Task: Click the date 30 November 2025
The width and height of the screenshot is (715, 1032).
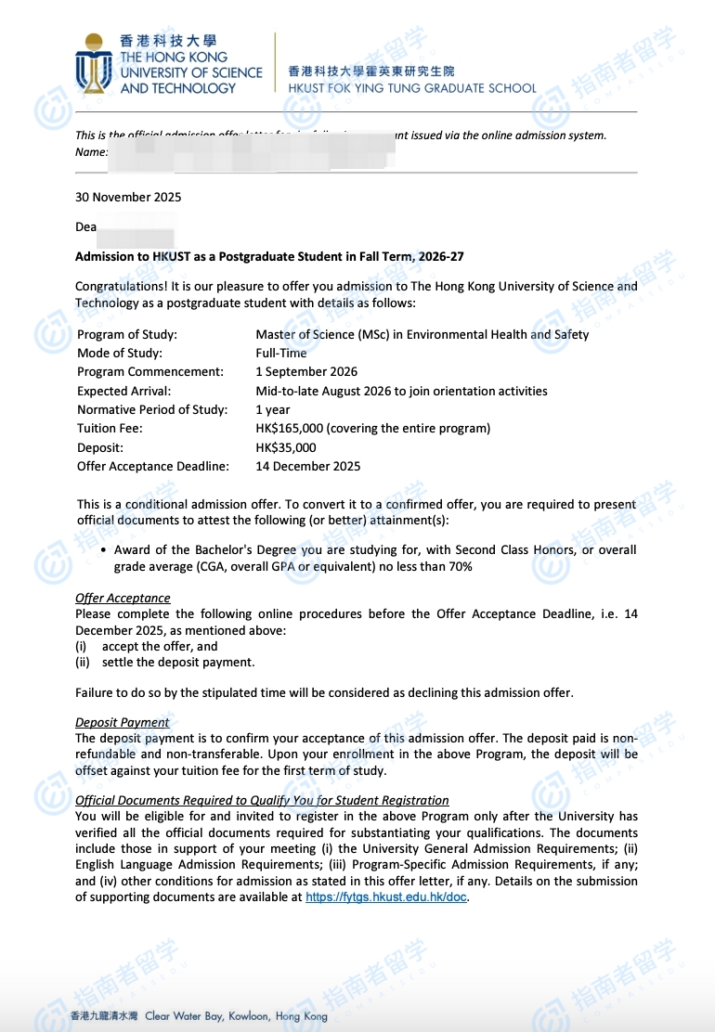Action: pos(128,197)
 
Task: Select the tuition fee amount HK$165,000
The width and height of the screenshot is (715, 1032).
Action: pos(294,429)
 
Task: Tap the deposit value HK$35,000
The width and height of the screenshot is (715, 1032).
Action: pos(286,447)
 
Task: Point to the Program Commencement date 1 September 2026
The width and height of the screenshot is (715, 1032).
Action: pos(306,372)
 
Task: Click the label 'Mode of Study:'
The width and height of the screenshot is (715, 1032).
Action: pos(120,353)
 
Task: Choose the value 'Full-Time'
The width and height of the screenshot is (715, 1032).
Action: pos(281,353)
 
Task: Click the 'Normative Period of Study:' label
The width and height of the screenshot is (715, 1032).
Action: pos(152,409)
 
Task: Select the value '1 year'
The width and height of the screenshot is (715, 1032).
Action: pos(273,409)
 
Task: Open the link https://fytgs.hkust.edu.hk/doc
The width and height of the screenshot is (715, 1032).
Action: pos(386,897)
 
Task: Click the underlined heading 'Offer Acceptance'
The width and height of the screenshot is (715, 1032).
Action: pos(123,599)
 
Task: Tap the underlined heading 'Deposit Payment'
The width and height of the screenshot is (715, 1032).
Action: pos(123,722)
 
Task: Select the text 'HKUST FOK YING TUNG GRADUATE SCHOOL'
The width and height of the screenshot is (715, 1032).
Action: pos(412,88)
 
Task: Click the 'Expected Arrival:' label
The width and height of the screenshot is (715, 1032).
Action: pos(124,391)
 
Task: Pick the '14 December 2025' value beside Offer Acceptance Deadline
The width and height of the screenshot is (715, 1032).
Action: pos(308,466)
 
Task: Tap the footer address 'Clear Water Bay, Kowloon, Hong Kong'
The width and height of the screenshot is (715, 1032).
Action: pos(236,1016)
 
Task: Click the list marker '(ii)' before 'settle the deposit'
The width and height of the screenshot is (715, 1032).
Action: pos(83,662)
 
